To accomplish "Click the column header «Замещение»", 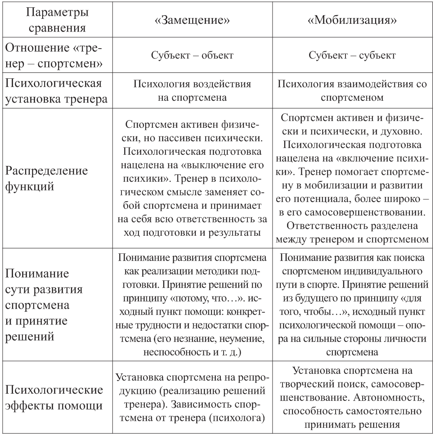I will coord(194,20).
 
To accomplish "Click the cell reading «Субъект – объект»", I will coord(194,56).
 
